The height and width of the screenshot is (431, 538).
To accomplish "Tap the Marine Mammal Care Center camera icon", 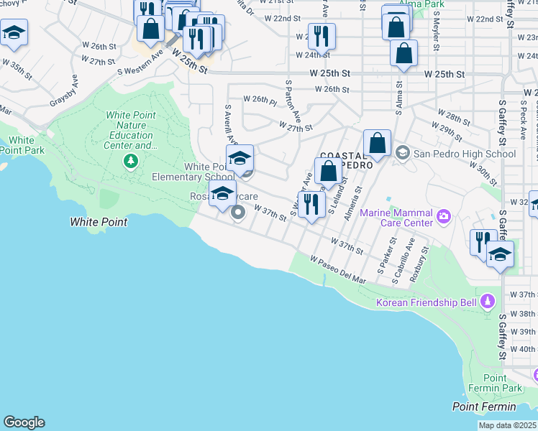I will [444, 215].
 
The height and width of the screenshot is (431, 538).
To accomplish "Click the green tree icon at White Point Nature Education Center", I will [129, 160].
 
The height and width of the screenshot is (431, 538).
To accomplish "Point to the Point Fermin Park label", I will [503, 383].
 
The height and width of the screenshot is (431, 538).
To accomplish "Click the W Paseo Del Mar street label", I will [338, 269].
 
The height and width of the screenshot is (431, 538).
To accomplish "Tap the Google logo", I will [24, 422].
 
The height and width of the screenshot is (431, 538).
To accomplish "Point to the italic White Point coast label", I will [99, 222].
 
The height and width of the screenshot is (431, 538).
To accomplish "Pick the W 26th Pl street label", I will [260, 99].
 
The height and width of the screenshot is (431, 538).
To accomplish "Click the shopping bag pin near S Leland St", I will [328, 172].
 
